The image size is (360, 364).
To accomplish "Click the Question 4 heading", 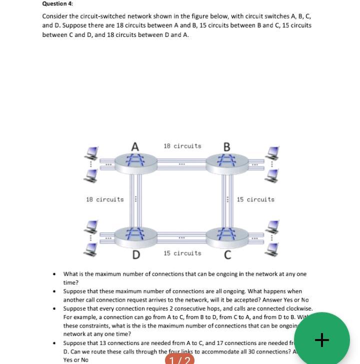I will tap(57, 3).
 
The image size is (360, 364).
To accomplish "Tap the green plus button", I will tap(322, 340).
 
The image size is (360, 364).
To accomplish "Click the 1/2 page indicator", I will tap(179, 360).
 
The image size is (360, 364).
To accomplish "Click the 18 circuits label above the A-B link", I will tap(182, 146).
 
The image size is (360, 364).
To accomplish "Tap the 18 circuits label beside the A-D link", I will tap(104, 199).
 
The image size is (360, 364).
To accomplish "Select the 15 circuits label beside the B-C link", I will tap(255, 199).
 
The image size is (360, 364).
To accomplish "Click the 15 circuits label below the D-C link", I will tap(182, 253).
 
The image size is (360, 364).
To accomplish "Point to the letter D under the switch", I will tap(136, 255).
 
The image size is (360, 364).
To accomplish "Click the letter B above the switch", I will tap(226, 147).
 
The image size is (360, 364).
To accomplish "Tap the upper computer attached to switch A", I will tap(91, 152).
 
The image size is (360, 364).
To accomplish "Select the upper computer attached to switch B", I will tap(272, 152).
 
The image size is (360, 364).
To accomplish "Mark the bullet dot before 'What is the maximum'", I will tap(54, 274).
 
